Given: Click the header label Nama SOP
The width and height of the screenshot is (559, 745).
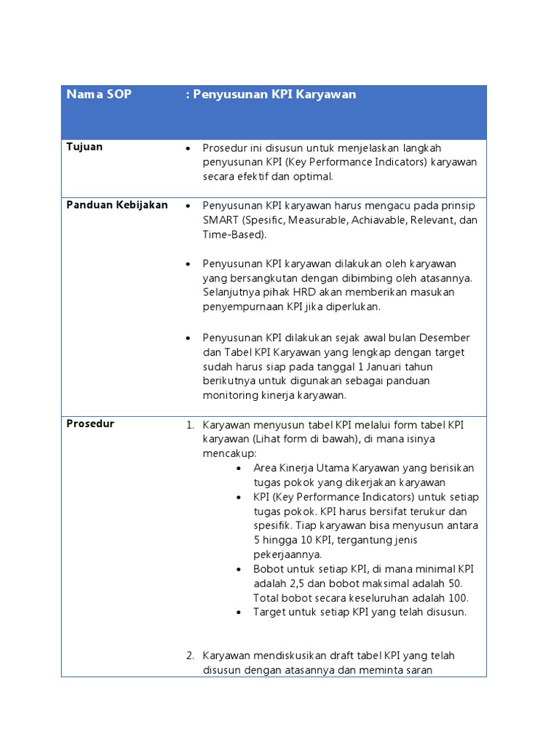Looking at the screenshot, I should coord(99,95).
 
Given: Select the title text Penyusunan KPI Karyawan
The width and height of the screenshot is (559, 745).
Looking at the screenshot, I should coord(274,95).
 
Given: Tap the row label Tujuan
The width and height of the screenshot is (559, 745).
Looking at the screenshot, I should coord(84,147).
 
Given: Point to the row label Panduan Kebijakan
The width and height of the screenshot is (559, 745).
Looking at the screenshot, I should coord(117,205).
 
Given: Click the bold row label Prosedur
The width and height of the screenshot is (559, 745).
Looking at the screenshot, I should coord(90,423).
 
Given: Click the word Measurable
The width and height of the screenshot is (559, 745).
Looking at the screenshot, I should coord(314,220).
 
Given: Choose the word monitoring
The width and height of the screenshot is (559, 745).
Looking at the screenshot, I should coord(230,396).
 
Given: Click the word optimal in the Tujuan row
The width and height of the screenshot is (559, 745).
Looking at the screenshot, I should coord(314,177).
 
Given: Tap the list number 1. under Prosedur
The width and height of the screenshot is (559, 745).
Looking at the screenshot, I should coord(190,424).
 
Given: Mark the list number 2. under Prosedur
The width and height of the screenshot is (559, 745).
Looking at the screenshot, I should coord(190,656).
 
